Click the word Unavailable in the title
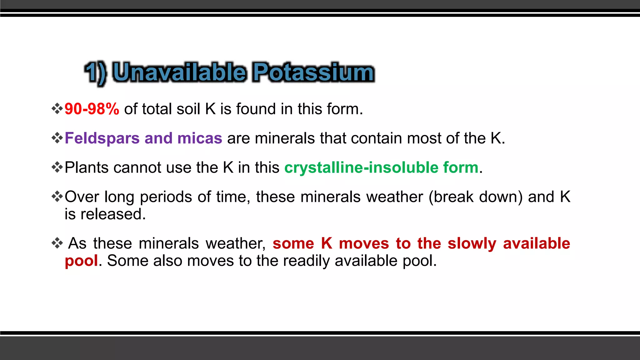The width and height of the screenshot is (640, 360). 179,72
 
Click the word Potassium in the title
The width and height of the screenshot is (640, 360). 313,72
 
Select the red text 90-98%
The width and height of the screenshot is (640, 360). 92,109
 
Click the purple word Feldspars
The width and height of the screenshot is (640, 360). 102,138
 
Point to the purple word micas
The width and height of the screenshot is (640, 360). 200,138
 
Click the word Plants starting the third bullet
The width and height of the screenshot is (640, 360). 86,167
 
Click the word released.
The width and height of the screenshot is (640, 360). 113,214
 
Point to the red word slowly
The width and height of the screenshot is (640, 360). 472,243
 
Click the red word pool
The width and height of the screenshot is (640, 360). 81,261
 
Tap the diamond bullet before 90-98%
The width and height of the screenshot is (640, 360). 57,109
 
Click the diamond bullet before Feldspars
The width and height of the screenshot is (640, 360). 57,138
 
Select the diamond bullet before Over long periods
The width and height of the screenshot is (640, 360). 57,197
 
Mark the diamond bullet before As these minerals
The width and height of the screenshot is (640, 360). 57,243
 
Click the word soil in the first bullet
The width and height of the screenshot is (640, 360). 188,109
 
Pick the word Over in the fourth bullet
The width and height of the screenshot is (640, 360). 82,197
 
